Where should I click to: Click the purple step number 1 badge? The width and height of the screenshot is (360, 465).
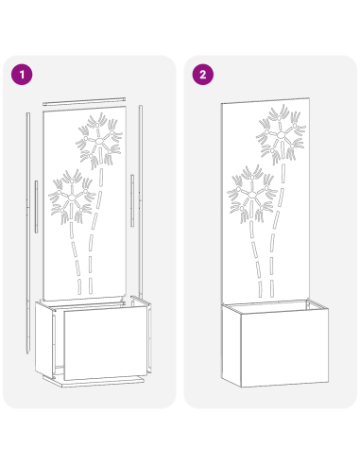click(x=21, y=75)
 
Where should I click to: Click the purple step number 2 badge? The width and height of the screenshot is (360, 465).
click(x=202, y=75)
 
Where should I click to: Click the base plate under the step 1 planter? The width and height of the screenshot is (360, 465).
click(x=94, y=382)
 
